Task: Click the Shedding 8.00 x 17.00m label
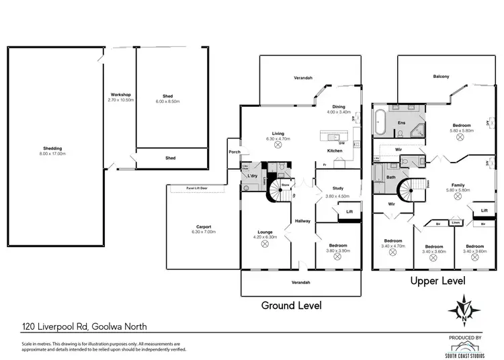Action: click(x=53, y=151)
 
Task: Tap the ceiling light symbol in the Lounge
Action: click(x=264, y=244)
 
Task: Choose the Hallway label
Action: click(x=302, y=220)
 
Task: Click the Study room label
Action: click(x=334, y=191)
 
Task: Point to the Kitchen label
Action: click(x=335, y=150)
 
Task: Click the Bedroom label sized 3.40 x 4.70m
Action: click(x=393, y=243)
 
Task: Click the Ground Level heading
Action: click(x=291, y=305)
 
